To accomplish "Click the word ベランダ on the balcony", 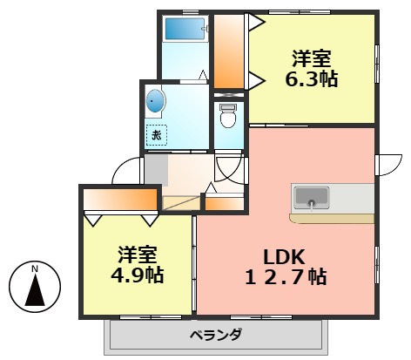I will pos(214,336).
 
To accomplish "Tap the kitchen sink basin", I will pos(312,198).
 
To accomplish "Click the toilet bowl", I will pos(229,116).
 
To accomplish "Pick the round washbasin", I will pos(155,102).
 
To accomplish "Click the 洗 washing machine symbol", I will pos(157,134).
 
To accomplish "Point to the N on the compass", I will pos(35,269).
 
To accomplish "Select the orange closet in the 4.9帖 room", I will pos(122,202).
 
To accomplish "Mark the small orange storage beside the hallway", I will pos(224,203).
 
